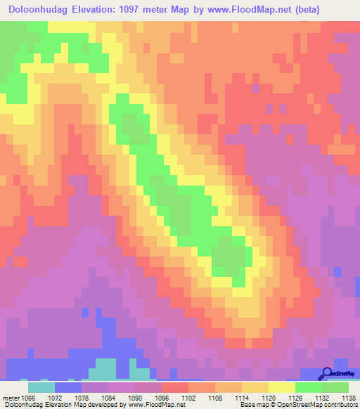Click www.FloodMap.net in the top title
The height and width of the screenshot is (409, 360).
click(x=247, y=10)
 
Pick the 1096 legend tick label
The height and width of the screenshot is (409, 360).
click(x=162, y=398)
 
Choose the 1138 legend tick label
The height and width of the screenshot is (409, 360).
click(x=347, y=398)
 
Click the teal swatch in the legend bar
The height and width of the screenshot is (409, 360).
click(x=41, y=387)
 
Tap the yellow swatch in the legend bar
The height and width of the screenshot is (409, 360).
click(x=282, y=387)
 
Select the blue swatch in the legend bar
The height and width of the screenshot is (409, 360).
click(x=68, y=387)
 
